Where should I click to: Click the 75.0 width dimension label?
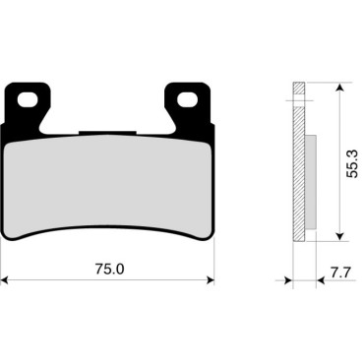(110, 270)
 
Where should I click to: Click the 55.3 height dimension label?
(352, 163)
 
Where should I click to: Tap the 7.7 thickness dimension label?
(341, 273)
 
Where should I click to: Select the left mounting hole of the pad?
(27, 99)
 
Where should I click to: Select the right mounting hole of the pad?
(187, 99)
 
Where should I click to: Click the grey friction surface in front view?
(107, 185)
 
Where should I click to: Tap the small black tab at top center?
(107, 132)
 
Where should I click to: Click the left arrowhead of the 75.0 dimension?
(4, 280)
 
